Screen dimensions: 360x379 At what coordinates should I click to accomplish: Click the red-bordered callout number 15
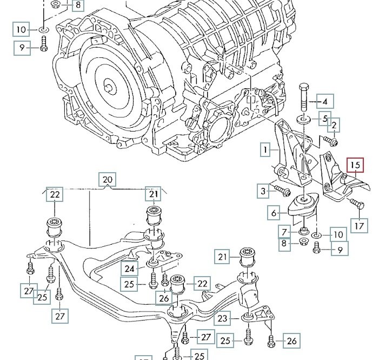[355, 165]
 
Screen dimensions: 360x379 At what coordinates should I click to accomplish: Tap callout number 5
[325, 119]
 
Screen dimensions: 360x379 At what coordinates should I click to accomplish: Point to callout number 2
[334, 126]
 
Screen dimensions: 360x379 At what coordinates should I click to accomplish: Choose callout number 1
[265, 148]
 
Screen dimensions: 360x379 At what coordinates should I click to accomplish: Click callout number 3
[263, 190]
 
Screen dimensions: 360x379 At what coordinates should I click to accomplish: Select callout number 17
[358, 224]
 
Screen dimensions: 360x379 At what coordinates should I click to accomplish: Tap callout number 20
[107, 180]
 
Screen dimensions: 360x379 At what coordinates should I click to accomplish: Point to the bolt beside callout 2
[330, 141]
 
